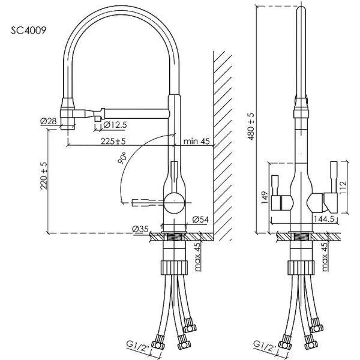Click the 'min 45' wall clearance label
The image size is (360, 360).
(x=196, y=142)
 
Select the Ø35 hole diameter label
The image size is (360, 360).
(x=140, y=229)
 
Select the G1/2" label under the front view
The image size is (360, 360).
(x=265, y=344)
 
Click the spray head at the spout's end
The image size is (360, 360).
(x=68, y=114)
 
